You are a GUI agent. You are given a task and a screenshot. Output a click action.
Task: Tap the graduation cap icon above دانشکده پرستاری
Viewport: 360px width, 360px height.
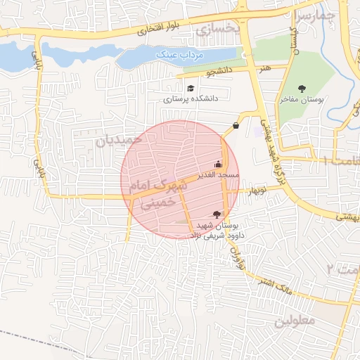tap(191, 88)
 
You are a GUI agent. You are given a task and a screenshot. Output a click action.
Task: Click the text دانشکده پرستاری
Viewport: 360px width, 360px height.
tap(191, 99)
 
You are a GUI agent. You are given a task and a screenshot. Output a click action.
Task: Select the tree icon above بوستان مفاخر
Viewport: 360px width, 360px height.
tap(302, 89)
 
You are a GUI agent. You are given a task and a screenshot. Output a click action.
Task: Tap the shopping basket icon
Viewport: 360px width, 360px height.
tap(235, 126)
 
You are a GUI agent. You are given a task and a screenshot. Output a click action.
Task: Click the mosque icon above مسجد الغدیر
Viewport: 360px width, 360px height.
tap(217, 165)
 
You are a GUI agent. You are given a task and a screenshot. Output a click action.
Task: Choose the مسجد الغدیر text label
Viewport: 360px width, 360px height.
tap(219, 174)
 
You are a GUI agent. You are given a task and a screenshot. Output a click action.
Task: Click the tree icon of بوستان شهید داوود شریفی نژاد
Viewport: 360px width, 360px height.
tap(216, 214)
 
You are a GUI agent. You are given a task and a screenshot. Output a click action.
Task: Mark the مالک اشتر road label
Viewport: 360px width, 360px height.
tap(271, 279)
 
